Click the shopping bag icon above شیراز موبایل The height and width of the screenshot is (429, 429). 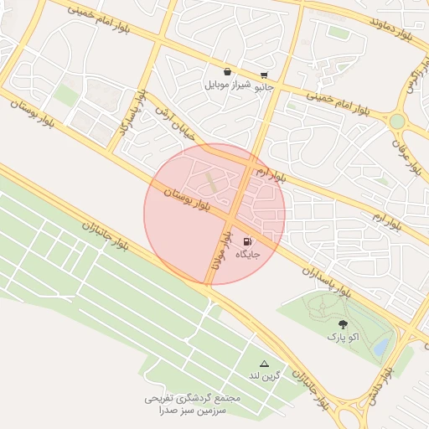(228, 72)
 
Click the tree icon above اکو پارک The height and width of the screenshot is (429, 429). (343, 323)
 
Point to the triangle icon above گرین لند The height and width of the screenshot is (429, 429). (265, 363)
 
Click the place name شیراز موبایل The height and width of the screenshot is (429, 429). (228, 85)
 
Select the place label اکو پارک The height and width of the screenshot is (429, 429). (343, 337)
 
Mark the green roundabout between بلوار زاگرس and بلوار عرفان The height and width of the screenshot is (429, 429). (397, 121)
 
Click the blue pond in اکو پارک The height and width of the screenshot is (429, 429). (381, 344)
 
